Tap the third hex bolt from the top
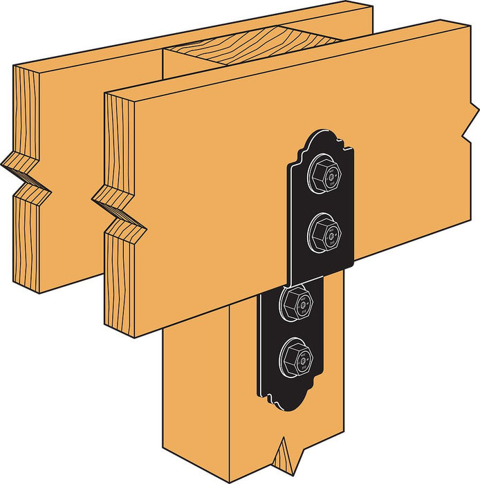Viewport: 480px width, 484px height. [x=297, y=300]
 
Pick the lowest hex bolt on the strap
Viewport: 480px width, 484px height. [x=297, y=357]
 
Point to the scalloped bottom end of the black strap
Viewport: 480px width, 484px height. [x=290, y=401]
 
